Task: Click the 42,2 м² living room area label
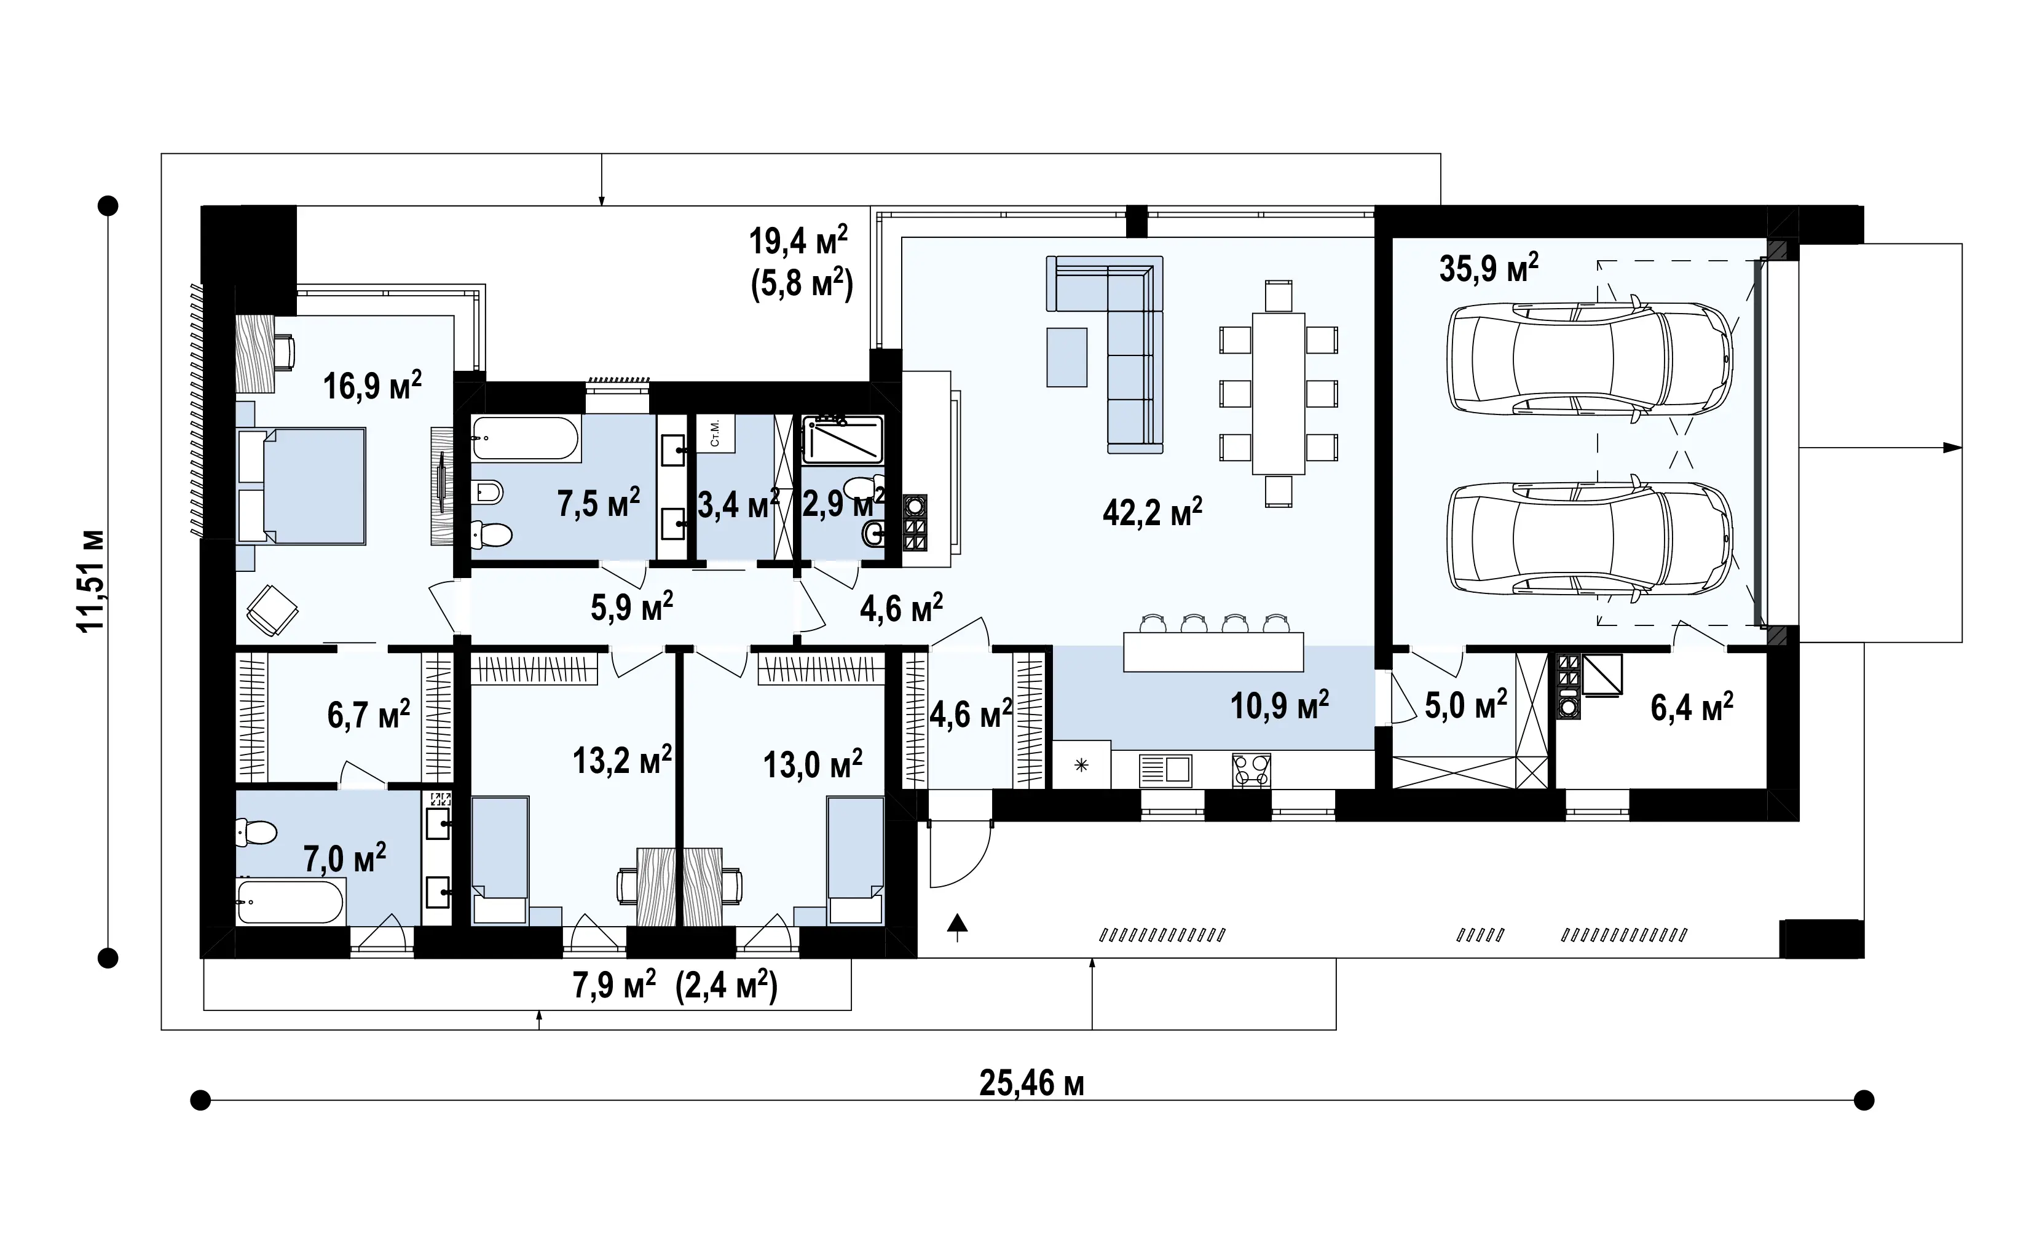tap(1152, 512)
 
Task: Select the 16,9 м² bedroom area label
tap(372, 385)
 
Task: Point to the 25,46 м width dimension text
tap(1031, 1082)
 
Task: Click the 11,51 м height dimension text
tap(91, 580)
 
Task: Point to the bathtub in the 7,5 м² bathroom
tap(526, 438)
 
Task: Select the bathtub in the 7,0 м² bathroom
tap(290, 901)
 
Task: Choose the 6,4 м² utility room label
tap(1692, 708)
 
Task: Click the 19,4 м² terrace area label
tap(798, 241)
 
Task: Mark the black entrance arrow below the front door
tap(957, 927)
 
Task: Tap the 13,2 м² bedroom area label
tap(621, 759)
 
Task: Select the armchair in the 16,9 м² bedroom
tap(272, 610)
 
